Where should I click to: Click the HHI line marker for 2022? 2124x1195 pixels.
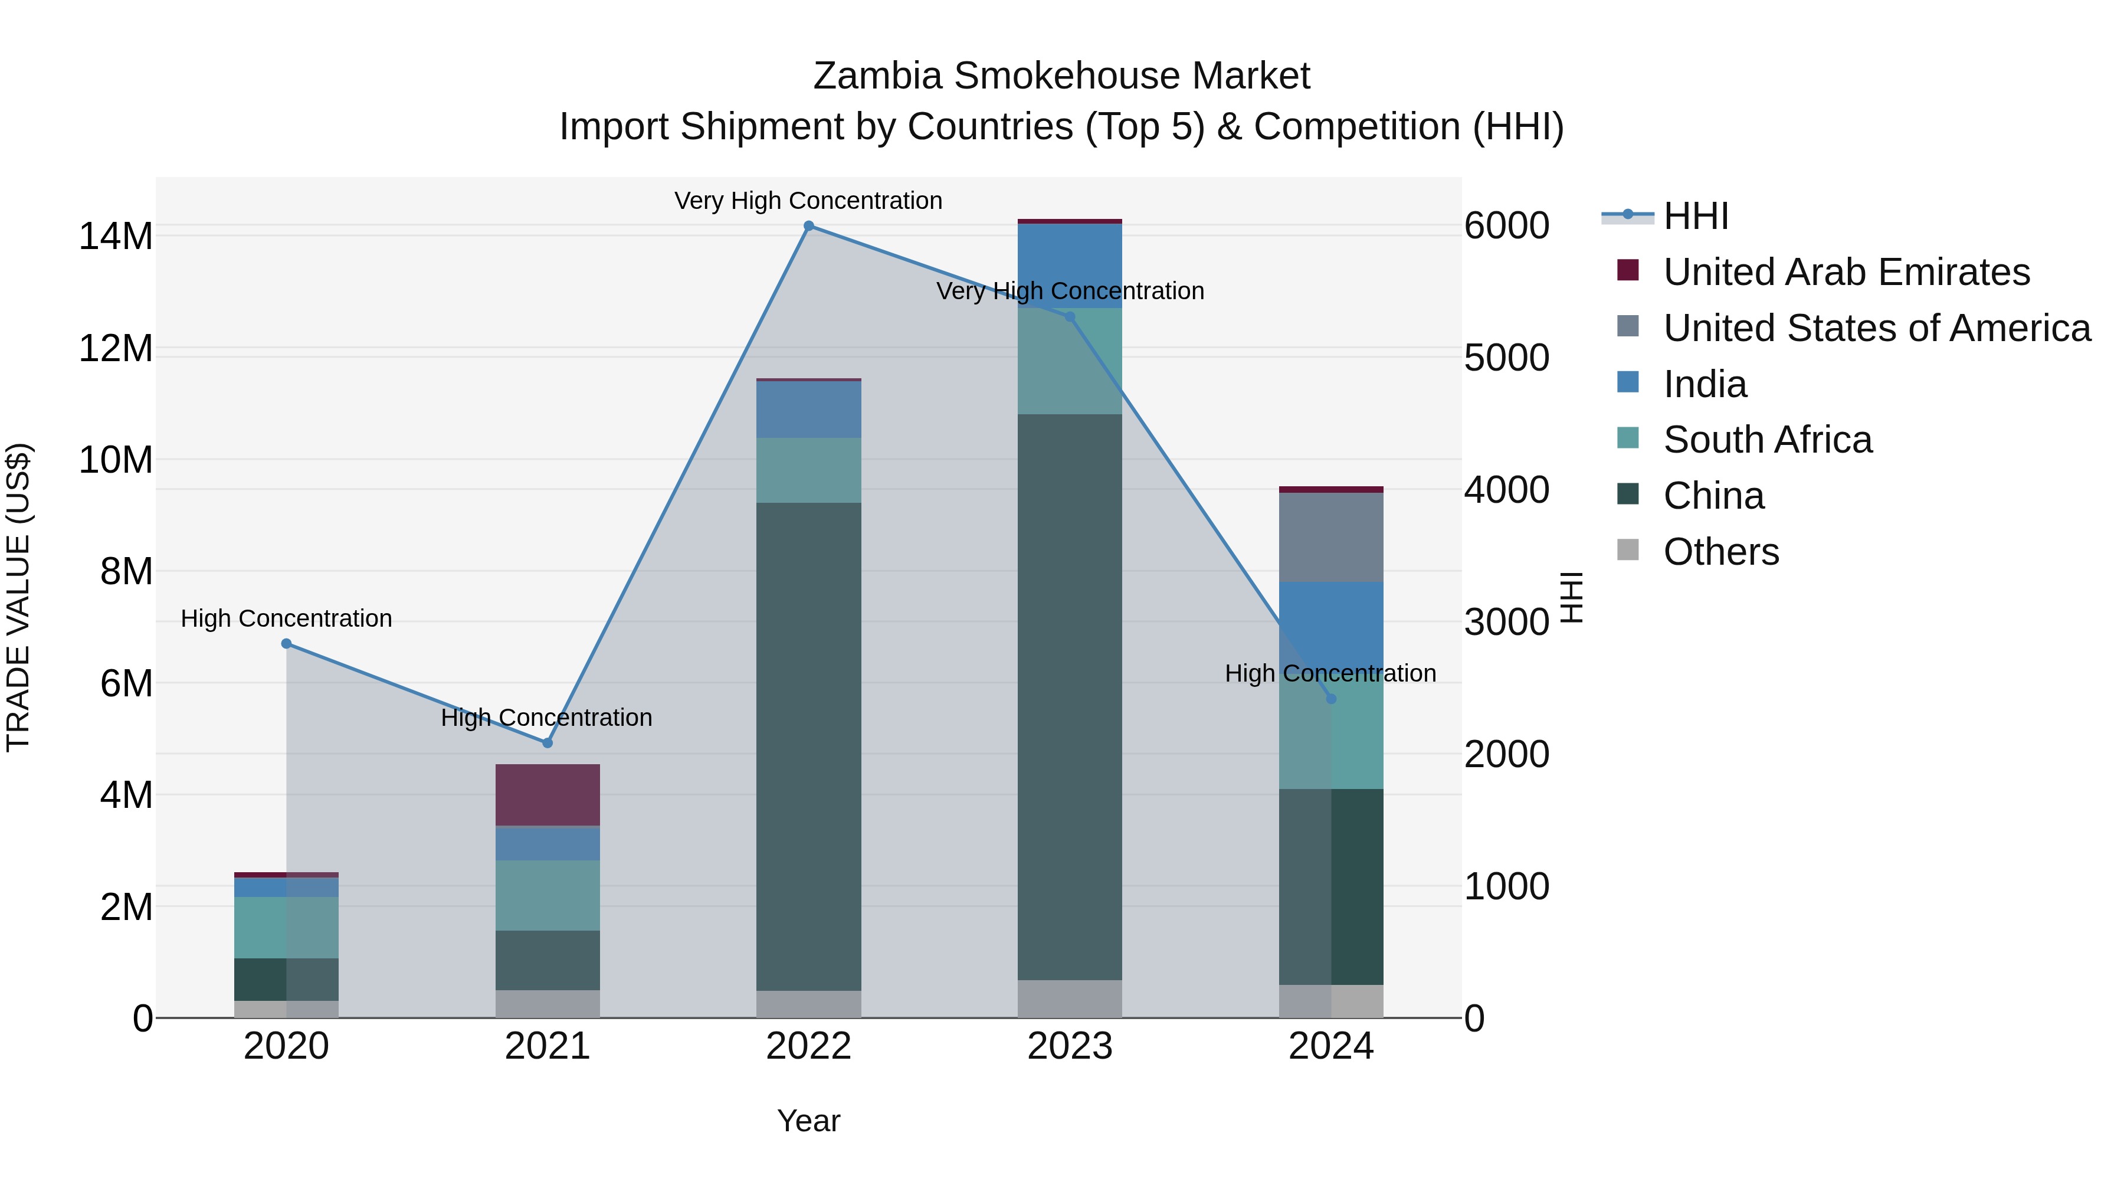(808, 226)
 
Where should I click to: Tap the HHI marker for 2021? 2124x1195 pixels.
(547, 743)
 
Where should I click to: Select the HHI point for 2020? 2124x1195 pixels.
(286, 643)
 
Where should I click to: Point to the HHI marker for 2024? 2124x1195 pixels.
(1331, 699)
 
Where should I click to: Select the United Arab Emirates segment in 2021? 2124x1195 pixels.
(547, 795)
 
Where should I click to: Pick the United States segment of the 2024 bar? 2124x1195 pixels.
(1331, 537)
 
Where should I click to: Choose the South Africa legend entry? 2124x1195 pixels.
(1767, 440)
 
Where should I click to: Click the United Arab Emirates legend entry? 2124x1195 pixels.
(1846, 272)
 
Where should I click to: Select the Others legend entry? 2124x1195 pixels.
(1721, 552)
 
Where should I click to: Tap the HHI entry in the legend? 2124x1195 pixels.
(1695, 216)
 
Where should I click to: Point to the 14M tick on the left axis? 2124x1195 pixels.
(116, 237)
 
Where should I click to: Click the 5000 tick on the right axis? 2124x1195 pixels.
(1506, 358)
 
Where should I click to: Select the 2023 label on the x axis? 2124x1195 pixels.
(1070, 1046)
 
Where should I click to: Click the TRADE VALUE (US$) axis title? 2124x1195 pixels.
(19, 597)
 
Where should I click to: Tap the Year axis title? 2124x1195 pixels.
(808, 1121)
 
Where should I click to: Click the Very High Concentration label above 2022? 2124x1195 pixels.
(808, 201)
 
